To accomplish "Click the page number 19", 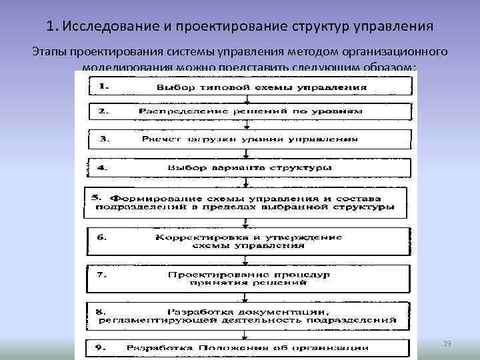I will [x=447, y=343].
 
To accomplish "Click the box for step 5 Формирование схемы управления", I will [x=247, y=203].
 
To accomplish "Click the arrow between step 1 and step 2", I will [x=247, y=99].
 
